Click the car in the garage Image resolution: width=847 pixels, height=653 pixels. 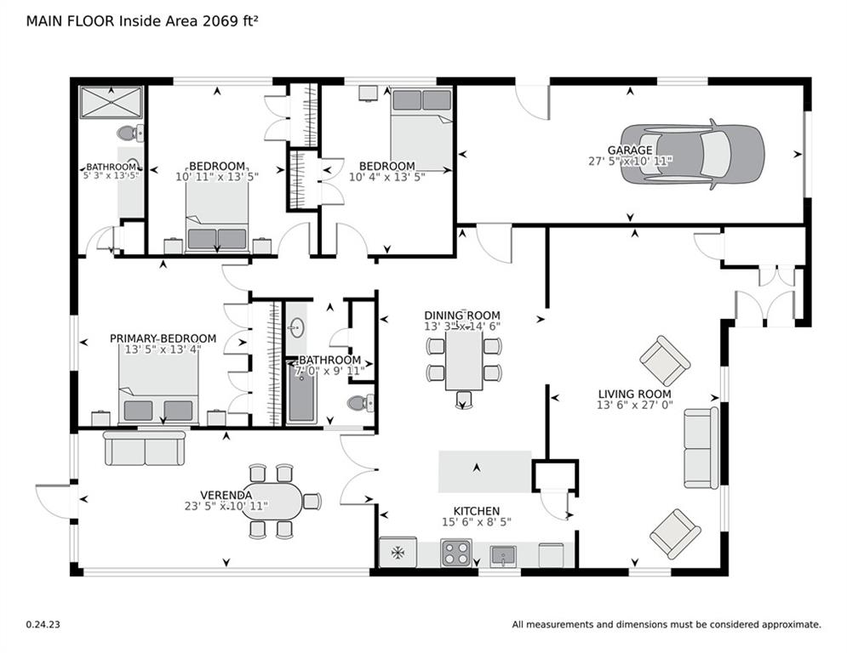pyautogui.click(x=693, y=155)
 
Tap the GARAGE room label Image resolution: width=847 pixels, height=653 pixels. pyautogui.click(x=630, y=150)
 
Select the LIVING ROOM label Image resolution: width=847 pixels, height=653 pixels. pyautogui.click(x=635, y=395)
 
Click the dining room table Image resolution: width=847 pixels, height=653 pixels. pyautogui.click(x=464, y=360)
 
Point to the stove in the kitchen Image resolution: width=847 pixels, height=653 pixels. pyautogui.click(x=456, y=553)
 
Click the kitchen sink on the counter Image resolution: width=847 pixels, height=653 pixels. pyautogui.click(x=503, y=556)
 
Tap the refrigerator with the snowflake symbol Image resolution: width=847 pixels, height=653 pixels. pyautogui.click(x=398, y=552)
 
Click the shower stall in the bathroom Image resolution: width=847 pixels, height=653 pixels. pyautogui.click(x=112, y=102)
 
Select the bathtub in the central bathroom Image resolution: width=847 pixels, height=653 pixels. pyautogui.click(x=300, y=392)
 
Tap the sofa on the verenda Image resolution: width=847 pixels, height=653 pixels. pyautogui.click(x=144, y=448)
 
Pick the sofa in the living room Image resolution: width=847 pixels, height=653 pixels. pyautogui.click(x=701, y=448)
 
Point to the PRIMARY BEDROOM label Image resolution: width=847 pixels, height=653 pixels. pyautogui.click(x=163, y=338)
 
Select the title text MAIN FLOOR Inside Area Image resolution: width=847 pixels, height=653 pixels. pyautogui.click(x=113, y=21)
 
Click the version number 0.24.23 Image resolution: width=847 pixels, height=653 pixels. pyautogui.click(x=43, y=624)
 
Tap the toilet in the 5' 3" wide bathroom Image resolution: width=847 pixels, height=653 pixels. pyautogui.click(x=130, y=133)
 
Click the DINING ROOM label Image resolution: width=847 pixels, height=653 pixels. pyautogui.click(x=462, y=315)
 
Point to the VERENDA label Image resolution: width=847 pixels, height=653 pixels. pyautogui.click(x=226, y=496)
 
